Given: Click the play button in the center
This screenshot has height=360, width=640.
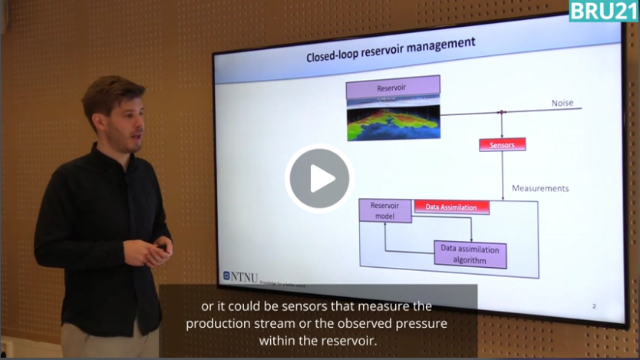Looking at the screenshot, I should pos(318,178).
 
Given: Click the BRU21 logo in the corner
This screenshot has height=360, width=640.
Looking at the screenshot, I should pos(602,11).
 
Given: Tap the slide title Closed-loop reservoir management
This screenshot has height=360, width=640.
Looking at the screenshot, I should pos(391,51).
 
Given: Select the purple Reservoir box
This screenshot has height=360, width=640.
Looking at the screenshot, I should pos(392,87).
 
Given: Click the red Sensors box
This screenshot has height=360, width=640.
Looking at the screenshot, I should pos(502,144).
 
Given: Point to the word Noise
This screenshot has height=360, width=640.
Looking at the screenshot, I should pos(562,103).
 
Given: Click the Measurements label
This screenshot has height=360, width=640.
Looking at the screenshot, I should pos(539,188).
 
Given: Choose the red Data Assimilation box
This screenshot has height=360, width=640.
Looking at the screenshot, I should pos(451,206).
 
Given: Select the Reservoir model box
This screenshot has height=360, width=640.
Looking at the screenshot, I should pos(385,210).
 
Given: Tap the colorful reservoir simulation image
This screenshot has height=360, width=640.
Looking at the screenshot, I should pos(393,121).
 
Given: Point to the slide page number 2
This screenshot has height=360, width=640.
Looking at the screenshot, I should pos(594,306).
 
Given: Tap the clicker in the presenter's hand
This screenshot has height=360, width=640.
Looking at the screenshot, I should pos(162,247).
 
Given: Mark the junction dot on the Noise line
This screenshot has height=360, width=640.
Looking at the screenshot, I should pos(501,112).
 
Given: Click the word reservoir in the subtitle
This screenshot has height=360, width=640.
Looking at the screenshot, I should pos(346,340).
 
